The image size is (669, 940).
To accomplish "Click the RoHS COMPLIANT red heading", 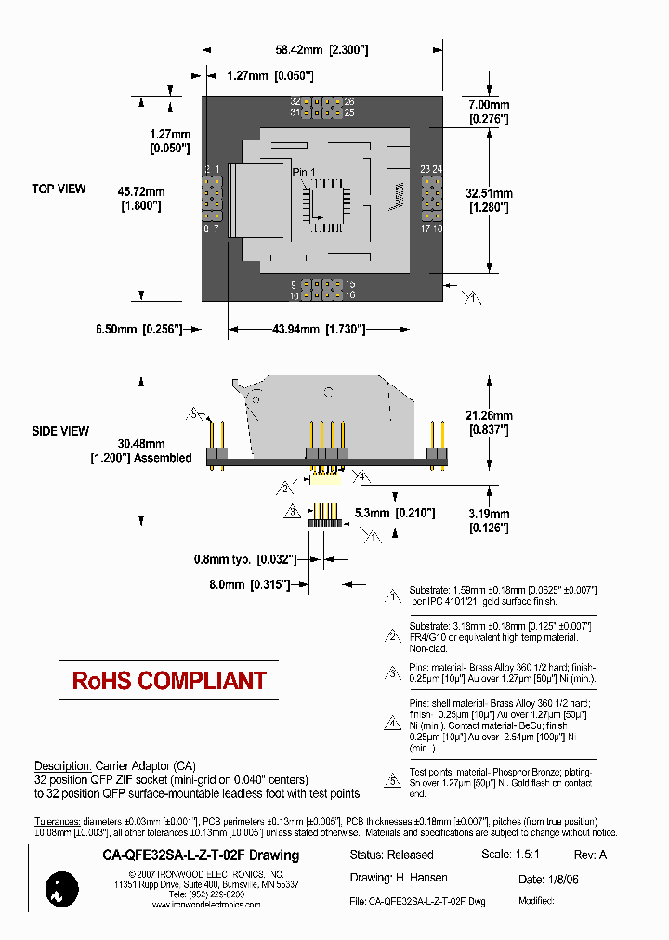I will pos(169,681).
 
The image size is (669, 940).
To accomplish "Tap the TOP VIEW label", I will pos(59,189).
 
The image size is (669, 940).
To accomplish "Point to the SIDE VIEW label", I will pos(60,431).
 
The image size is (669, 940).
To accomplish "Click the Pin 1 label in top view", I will pos(304,173).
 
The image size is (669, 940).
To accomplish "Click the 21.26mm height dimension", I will pos(489,422).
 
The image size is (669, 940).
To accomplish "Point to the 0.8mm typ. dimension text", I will pos(244,559).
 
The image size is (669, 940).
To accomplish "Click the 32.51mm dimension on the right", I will pos(486,200).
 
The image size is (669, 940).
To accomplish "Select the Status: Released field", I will pos(391,855).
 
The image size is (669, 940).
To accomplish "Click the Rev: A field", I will pos(590,855).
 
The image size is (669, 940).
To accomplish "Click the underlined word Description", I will pos(62,765).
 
